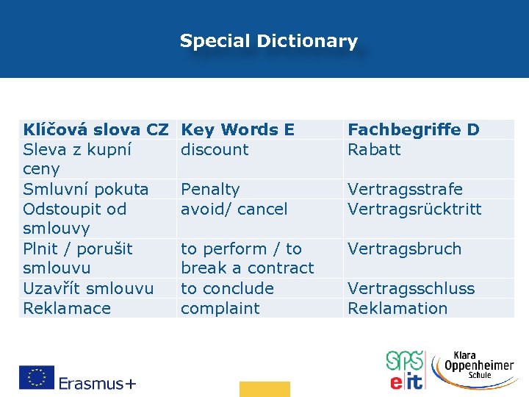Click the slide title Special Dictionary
(x=268, y=41)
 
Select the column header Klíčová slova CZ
(x=96, y=130)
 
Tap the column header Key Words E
(x=237, y=130)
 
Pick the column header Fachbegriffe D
(x=413, y=130)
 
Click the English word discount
(x=215, y=150)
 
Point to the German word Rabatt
(x=374, y=150)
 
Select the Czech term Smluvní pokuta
(x=86, y=190)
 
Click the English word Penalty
(x=210, y=190)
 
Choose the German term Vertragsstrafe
(x=405, y=190)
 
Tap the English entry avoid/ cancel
(x=234, y=210)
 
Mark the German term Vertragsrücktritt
(x=414, y=210)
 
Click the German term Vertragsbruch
(x=404, y=249)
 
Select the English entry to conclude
(x=227, y=289)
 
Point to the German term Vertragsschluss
(x=411, y=289)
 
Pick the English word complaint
(x=220, y=309)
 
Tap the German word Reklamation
(x=397, y=309)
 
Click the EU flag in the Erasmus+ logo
(x=37, y=377)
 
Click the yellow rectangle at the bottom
(x=264, y=389)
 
